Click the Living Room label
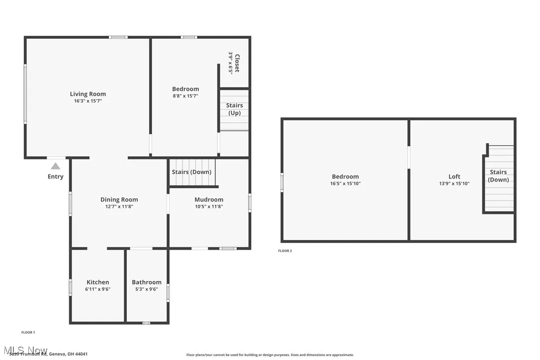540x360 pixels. point(88,93)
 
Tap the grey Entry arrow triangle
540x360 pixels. point(55,166)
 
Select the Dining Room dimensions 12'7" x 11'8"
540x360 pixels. point(119,206)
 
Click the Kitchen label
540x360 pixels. point(97,282)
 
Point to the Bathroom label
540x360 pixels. point(147,282)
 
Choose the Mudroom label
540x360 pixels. point(209,199)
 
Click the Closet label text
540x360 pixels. point(237,63)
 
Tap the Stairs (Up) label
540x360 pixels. point(235,109)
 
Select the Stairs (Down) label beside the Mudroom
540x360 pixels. point(191,172)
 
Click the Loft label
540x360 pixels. point(454,176)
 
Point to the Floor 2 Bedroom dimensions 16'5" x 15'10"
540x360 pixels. point(345,183)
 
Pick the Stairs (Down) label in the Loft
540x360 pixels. point(498,176)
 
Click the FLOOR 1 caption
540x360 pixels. point(28,332)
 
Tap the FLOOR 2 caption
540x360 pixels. point(285,251)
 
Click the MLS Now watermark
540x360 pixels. point(25,350)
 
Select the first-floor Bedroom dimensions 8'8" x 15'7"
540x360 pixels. point(185,96)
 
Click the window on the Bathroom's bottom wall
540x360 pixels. point(146,323)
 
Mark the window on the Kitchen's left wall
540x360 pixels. point(71,287)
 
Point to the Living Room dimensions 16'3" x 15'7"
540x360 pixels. point(88,101)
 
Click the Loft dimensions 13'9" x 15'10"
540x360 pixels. point(454,183)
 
